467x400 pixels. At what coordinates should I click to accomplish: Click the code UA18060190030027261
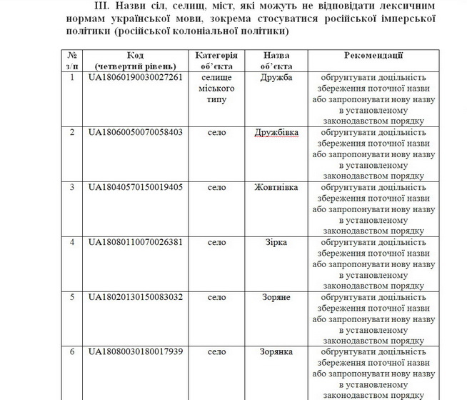coord(136,78)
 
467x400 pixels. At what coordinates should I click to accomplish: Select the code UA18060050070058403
coord(136,132)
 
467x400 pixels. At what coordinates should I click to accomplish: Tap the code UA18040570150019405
coord(136,187)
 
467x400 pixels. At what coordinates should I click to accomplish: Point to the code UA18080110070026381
coord(136,242)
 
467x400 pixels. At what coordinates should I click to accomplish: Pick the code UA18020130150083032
coord(136,296)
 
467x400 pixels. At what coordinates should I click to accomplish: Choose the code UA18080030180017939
coord(136,351)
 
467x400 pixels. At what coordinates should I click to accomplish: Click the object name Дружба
coord(276,78)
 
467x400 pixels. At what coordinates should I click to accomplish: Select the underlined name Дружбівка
coord(276,132)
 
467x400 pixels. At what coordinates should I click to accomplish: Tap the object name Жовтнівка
coord(276,187)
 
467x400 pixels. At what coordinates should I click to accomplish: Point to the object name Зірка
coord(276,242)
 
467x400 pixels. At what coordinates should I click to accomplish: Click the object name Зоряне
coord(276,296)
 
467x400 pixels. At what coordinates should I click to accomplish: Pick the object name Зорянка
coord(276,351)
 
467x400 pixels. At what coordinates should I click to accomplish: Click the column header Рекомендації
coord(373,55)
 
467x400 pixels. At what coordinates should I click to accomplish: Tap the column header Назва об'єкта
coord(276,60)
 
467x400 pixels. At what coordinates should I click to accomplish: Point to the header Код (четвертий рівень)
coord(136,60)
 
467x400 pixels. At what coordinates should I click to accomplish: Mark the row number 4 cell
coord(71,242)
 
